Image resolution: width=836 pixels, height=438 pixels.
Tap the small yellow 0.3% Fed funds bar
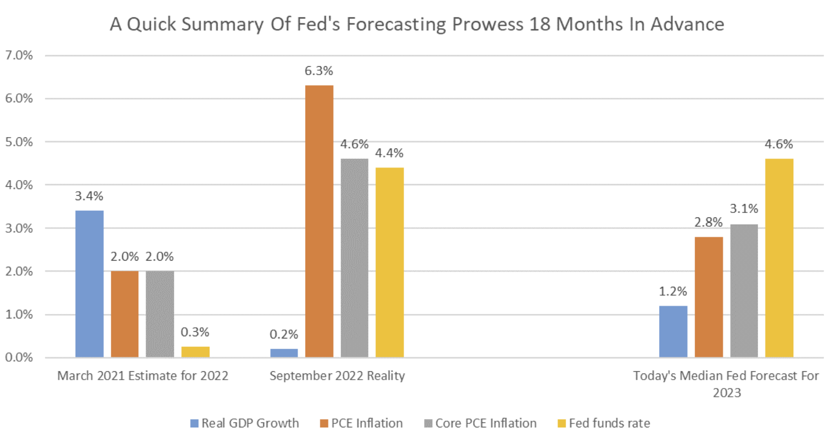pos(195,352)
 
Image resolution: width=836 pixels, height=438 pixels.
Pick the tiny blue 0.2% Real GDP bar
pos(284,353)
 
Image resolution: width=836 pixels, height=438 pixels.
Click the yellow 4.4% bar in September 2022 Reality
pos(390,262)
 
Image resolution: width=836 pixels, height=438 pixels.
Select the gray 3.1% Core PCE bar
pos(744,291)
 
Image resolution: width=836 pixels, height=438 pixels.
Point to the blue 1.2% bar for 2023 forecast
pos(673,331)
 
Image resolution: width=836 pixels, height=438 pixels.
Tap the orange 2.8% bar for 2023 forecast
pos(709,297)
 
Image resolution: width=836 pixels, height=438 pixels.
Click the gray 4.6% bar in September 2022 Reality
pos(354,258)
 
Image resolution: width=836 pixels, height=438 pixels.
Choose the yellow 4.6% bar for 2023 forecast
pos(779,258)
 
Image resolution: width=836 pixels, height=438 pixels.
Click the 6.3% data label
pos(319,71)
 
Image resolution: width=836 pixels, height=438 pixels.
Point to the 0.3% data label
pos(195,332)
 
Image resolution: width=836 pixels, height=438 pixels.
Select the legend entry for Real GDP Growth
pos(245,423)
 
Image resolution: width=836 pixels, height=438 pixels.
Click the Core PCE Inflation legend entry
pos(481,423)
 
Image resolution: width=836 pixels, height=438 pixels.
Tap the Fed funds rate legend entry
pos(604,423)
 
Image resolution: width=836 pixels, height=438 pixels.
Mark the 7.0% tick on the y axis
pos(19,56)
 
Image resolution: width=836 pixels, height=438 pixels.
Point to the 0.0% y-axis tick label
pos(19,358)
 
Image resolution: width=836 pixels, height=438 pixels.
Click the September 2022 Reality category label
pos(337,376)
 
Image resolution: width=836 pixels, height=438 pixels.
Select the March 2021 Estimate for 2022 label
pos(143,376)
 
